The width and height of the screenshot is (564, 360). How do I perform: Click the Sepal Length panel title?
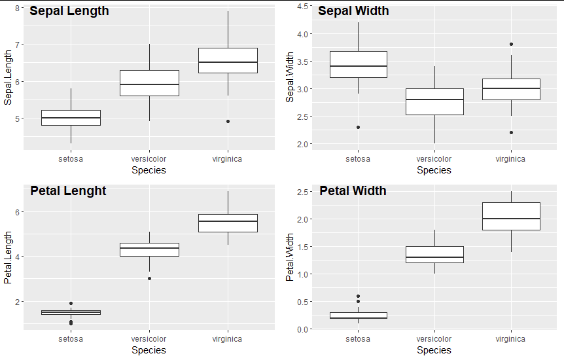coord(69,11)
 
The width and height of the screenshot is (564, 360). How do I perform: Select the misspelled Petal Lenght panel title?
coord(68,191)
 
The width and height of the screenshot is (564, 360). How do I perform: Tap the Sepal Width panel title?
coord(353,11)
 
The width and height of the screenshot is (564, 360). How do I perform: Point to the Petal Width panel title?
coord(353,191)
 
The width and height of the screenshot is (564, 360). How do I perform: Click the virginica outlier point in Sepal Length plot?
coord(228,121)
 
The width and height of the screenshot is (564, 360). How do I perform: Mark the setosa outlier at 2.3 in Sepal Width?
coord(358,127)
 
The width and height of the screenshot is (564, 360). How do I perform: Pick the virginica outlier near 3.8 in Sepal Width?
coord(510,45)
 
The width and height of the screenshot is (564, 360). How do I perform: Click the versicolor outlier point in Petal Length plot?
coord(149,278)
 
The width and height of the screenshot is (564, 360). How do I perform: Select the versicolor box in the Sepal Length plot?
coord(149,83)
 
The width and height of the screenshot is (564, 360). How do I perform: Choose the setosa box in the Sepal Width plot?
coord(358,64)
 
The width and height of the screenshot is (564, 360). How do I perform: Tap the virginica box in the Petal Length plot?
coord(228,223)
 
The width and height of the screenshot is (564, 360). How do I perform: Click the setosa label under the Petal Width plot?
coord(358,338)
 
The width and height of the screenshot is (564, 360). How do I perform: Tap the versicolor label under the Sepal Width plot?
coord(434,158)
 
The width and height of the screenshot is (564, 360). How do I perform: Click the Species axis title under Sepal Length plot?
coord(149,170)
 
